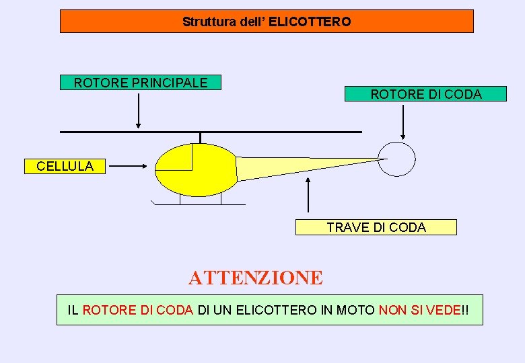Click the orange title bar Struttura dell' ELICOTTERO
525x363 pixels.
pos(267,22)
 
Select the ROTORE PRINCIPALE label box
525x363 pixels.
pos(141,83)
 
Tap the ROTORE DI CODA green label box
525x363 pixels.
pos(425,94)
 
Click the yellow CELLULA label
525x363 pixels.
pos(65,166)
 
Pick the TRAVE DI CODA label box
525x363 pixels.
pos(376,227)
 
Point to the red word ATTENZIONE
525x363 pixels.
pos(256,278)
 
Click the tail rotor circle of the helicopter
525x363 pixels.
pos(396,159)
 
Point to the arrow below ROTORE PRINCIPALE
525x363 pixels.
pos(138,110)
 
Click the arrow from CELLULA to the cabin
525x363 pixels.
pos(129,165)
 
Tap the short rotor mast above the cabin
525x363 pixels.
pos(200,138)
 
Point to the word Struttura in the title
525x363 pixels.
pos(205,22)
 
